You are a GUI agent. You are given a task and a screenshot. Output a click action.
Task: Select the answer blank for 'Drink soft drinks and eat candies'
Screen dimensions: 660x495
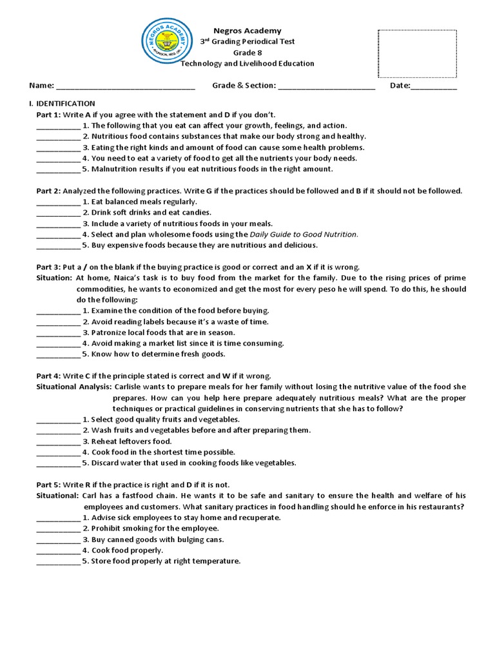pyautogui.click(x=58, y=213)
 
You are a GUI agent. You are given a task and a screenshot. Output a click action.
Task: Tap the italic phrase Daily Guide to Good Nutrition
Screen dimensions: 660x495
pyautogui.click(x=303, y=235)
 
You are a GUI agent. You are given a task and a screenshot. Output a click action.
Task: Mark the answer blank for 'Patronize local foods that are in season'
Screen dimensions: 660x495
pyautogui.click(x=58, y=333)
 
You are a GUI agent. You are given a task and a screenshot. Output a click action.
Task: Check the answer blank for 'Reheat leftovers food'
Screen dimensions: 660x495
pyautogui.click(x=58, y=442)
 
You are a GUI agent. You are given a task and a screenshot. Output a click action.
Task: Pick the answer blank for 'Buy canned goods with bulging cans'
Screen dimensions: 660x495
pyautogui.click(x=58, y=539)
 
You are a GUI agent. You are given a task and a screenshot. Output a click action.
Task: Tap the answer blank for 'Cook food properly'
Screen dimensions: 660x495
pyautogui.click(x=58, y=550)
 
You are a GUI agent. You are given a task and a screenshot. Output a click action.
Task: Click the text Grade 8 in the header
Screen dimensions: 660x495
pyautogui.click(x=247, y=53)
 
